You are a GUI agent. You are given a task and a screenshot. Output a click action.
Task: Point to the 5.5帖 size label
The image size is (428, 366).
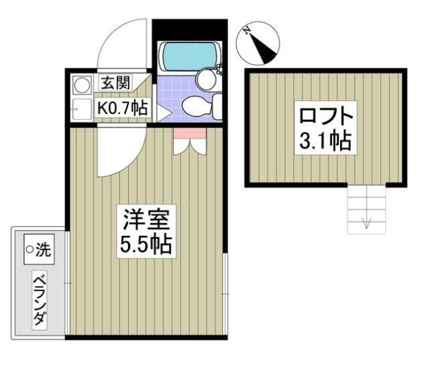[146, 244]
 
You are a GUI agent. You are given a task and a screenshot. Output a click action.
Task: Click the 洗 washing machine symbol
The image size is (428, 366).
[39, 250]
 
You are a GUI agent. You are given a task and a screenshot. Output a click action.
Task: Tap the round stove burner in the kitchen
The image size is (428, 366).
[81, 86]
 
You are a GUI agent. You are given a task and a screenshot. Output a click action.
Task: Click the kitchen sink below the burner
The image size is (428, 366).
[81, 108]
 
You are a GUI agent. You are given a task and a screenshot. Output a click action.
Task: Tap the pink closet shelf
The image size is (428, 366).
[185, 134]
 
